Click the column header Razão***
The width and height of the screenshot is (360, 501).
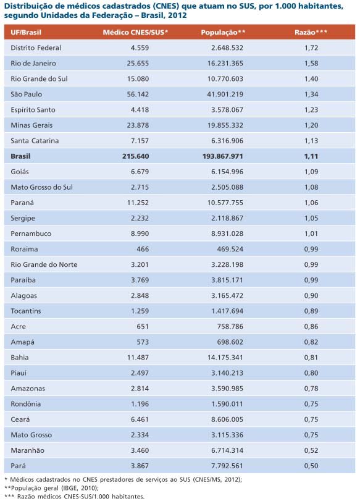pos(311,32)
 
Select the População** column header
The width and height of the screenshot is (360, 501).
pos(223,32)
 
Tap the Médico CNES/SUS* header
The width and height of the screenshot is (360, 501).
pos(135,32)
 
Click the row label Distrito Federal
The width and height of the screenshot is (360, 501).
pos(36,48)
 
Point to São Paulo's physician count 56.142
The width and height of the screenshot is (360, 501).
pos(138,95)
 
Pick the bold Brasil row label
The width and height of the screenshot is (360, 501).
pos(20,156)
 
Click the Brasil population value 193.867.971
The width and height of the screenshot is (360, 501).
pos(223,156)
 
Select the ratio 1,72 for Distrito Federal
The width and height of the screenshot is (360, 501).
pos(311,48)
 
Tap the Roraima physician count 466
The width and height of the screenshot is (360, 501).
pos(143,249)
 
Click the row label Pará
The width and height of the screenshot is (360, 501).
pos(18,466)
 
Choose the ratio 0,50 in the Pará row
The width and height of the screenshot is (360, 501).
pos(311,466)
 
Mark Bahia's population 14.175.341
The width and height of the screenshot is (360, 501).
pos(225,358)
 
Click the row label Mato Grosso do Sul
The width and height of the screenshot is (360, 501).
pos(41,187)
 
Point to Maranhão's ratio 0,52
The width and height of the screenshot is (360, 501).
pos(311,450)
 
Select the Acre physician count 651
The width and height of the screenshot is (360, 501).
pos(143,327)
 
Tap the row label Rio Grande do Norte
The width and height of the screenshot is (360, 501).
pos(44,264)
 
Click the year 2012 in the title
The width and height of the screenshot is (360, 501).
pos(177,15)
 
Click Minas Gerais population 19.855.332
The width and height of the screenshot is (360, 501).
pos(225,125)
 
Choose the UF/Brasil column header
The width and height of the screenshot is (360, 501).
pos(26,32)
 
